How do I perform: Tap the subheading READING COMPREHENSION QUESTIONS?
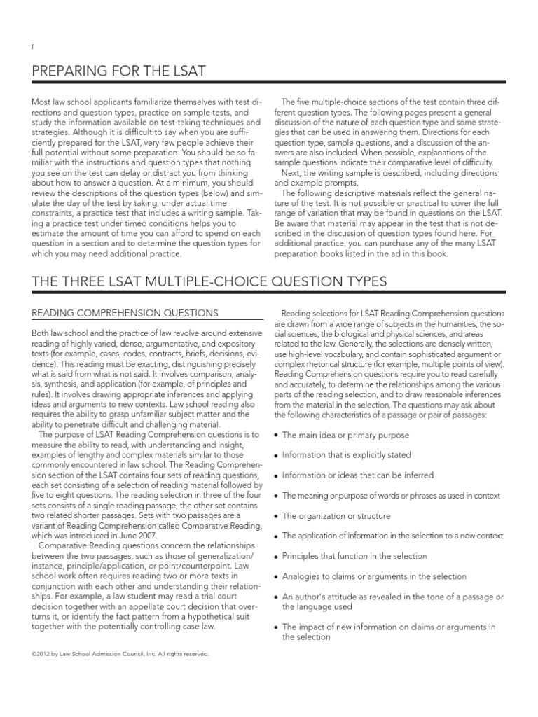pos(125,313)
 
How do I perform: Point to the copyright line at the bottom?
pos(120,654)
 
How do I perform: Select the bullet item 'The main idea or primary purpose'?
pos(345,435)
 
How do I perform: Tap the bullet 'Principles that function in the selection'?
pos(354,556)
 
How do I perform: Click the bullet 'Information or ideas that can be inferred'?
pos(357,475)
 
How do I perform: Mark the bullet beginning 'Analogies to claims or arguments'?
pos(373,576)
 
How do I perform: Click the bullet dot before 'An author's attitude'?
pos(275,597)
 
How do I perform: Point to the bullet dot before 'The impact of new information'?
pos(275,627)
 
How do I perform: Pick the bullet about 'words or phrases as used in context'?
pos(390,495)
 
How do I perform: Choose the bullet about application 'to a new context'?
pos(392,536)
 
